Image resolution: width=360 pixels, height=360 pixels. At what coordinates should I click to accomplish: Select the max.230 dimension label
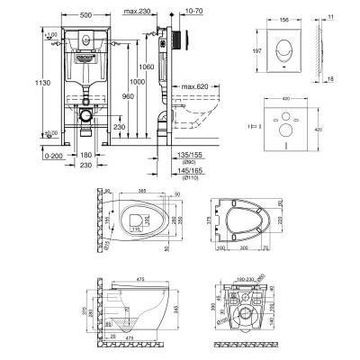137,8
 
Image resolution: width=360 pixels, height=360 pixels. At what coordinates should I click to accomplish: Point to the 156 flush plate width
284,17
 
